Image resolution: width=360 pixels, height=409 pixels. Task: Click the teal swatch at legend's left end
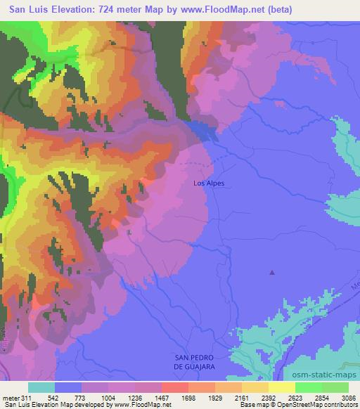click(41, 387)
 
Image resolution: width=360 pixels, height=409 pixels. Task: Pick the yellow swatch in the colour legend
click(281, 387)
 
